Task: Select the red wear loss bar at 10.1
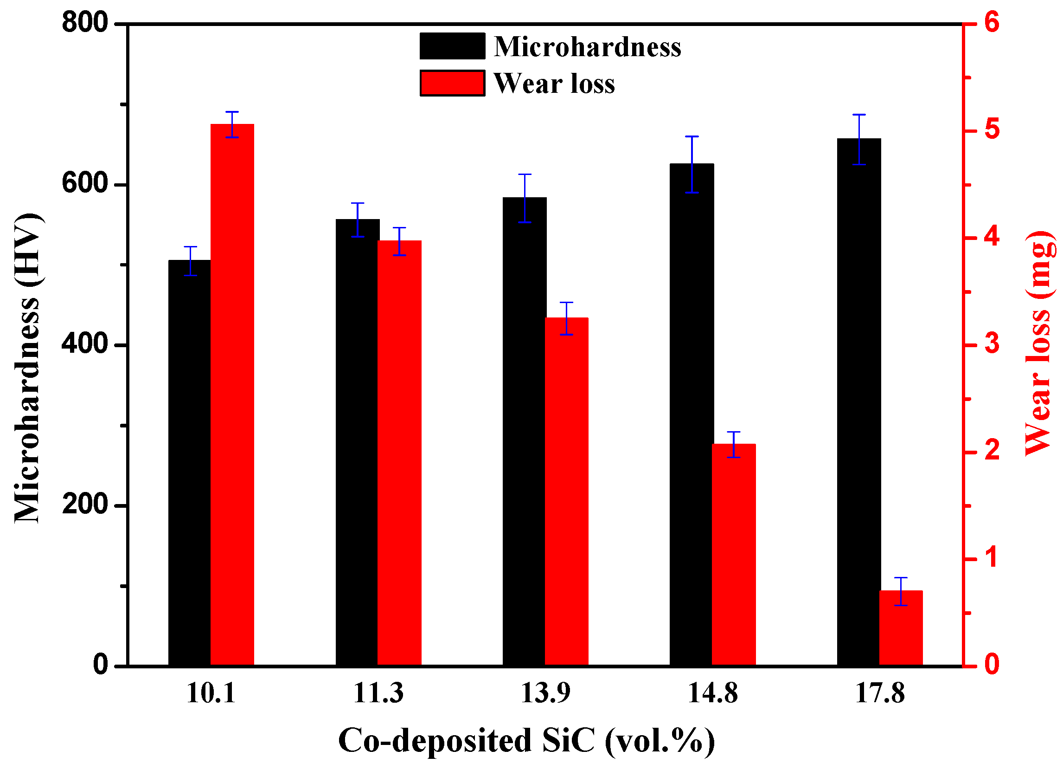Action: pos(232,394)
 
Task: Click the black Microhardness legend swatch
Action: pos(452,46)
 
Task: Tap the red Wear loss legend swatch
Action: pos(452,83)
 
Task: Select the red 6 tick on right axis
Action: pos(992,22)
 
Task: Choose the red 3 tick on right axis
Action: pos(992,344)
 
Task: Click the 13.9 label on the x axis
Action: pos(545,693)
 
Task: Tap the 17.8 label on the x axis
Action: pos(880,693)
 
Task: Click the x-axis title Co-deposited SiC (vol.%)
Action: pos(526,741)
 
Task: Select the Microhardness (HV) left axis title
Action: pos(27,368)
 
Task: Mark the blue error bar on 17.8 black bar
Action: pos(858,139)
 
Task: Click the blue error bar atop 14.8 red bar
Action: pos(733,444)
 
